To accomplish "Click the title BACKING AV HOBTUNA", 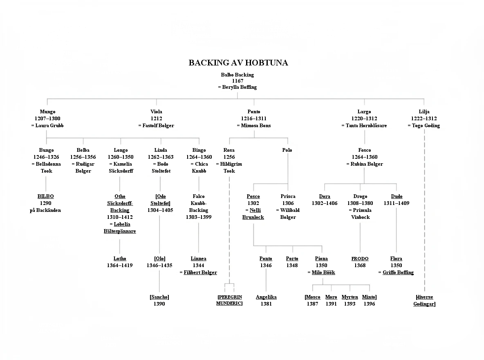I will (x=238, y=63).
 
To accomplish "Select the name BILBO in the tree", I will (x=45, y=196).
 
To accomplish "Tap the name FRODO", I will (x=360, y=259).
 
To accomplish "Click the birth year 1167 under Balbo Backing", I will (x=238, y=81).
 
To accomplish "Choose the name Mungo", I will (x=47, y=112).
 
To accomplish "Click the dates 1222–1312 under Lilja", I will (x=424, y=119).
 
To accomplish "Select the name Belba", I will (x=83, y=150).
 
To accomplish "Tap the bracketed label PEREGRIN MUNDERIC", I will (x=229, y=300).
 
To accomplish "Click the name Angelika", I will (x=266, y=297).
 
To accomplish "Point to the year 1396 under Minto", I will (x=369, y=304).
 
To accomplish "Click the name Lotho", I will (x=120, y=259).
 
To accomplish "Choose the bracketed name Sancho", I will (x=159, y=297).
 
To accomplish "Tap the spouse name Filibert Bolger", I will (x=200, y=272).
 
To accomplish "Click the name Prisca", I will (x=288, y=196).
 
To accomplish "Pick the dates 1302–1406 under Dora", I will (x=325, y=203).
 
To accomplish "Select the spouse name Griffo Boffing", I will (x=398, y=272).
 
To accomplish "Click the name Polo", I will (x=287, y=150).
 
